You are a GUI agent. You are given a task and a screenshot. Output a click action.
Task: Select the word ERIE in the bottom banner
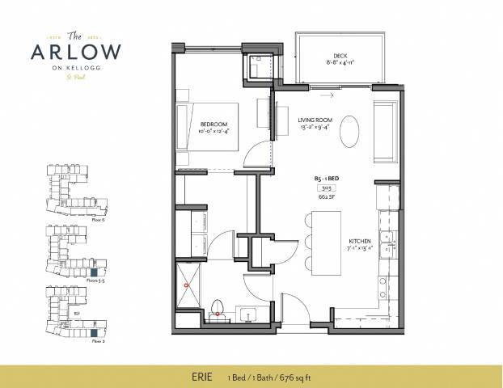(x=197, y=377)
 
